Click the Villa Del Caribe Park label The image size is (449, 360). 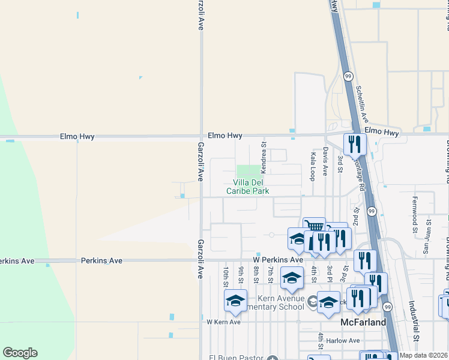[247, 187]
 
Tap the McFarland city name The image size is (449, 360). [363, 322]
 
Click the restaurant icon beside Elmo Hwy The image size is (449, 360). [354, 144]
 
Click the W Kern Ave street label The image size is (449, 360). [223, 322]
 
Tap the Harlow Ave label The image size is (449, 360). [347, 341]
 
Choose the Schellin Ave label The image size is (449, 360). [361, 104]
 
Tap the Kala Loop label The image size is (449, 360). [312, 166]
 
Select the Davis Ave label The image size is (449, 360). [325, 161]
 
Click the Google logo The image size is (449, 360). [20, 353]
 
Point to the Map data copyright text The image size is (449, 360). [424, 355]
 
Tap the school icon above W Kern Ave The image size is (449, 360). [236, 301]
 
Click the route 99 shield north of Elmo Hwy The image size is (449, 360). [348, 76]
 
